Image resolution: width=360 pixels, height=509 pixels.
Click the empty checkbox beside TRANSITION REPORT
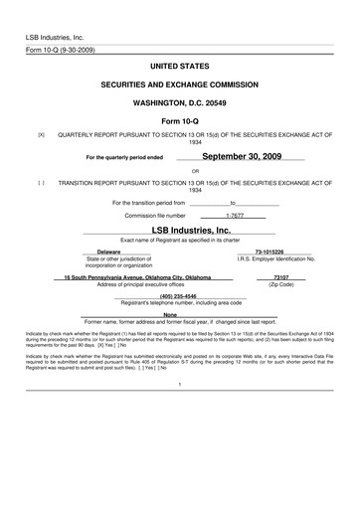coord(41,183)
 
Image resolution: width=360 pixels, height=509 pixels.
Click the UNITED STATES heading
coord(179,65)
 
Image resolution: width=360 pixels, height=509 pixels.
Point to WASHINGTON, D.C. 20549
coord(179,101)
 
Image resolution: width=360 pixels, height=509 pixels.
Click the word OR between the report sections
coord(180,170)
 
